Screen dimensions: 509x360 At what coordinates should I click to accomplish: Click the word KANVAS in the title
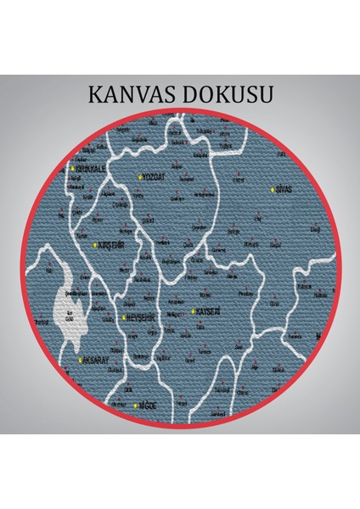click(132, 94)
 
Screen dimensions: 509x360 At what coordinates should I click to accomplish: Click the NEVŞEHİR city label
click(140, 316)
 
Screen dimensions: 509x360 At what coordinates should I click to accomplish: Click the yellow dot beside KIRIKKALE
click(73, 169)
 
